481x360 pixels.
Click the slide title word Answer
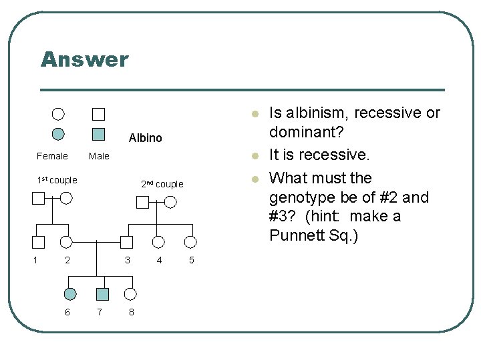[x=84, y=59]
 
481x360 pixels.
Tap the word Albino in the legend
[x=145, y=138]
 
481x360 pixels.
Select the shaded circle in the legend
[x=59, y=133]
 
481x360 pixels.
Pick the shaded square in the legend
[x=98, y=133]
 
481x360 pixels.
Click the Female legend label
[x=52, y=157]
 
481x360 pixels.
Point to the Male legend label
[x=99, y=157]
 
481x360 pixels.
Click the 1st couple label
[x=57, y=180]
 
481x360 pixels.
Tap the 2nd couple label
[x=162, y=184]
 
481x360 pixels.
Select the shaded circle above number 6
[x=70, y=293]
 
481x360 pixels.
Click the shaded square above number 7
[x=102, y=293]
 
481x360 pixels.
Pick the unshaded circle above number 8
[x=130, y=293]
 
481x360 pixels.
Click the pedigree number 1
[x=35, y=260]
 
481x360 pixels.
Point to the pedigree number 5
[x=191, y=260]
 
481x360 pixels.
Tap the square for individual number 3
[x=126, y=242]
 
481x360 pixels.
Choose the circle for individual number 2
[x=66, y=242]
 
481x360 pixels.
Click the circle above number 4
[x=158, y=242]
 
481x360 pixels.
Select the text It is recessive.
[x=319, y=155]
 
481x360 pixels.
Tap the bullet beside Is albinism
[x=255, y=114]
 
